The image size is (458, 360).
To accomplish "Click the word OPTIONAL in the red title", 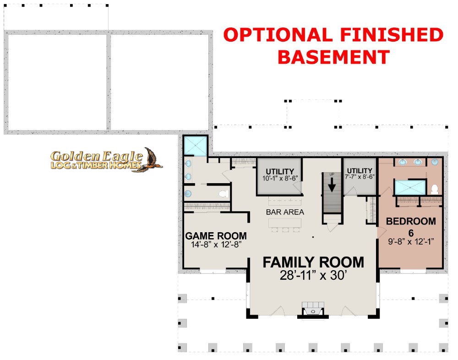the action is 278,35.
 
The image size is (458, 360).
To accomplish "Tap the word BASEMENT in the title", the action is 333,57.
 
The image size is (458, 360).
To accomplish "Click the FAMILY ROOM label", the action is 313,262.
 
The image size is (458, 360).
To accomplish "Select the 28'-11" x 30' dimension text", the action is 313,275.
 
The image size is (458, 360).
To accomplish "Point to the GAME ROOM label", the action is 216,236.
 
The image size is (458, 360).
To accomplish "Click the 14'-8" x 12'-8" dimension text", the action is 216,245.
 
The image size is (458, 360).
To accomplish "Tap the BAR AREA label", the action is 285,212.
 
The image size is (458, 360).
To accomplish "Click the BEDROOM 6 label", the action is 411,227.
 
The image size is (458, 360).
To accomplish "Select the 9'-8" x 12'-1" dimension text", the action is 411,242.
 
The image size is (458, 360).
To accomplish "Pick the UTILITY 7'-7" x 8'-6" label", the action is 360,174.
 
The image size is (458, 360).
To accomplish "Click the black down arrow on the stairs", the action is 332,185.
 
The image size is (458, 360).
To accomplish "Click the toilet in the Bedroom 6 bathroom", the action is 435,189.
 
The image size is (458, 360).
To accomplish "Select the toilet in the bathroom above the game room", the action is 224,194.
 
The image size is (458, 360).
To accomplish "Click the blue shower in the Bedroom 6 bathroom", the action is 410,187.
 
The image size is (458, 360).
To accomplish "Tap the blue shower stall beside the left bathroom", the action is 195,146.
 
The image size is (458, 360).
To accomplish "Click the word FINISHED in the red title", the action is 392,35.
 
